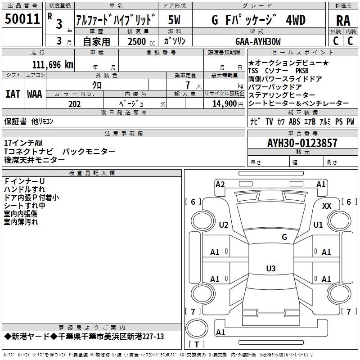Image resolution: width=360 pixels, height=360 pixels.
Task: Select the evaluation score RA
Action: pyautogui.click(x=343, y=20)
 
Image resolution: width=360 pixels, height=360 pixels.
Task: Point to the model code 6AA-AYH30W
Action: pyautogui.click(x=258, y=41)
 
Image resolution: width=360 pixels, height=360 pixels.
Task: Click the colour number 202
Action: pyautogui.click(x=74, y=103)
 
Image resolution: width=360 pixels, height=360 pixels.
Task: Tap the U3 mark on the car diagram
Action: pyautogui.click(x=270, y=269)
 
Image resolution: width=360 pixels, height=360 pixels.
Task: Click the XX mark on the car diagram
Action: pyautogui.click(x=327, y=206)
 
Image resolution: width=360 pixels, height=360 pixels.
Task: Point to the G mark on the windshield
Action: pyautogui.click(x=284, y=237)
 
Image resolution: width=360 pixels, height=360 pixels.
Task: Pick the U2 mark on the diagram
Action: pyautogui.click(x=224, y=225)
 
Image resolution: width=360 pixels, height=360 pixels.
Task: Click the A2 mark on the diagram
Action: pyautogui.click(x=220, y=184)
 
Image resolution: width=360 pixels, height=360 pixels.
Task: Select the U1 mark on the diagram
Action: pyautogui.click(x=318, y=225)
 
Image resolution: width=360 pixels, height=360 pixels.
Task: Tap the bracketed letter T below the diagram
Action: pyautogui.click(x=196, y=345)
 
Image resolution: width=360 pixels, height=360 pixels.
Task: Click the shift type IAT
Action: pyautogui.click(x=13, y=94)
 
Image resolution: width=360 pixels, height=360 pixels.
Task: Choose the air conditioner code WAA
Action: pyautogui.click(x=34, y=94)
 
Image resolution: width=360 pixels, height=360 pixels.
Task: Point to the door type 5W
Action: pyautogui.click(x=174, y=20)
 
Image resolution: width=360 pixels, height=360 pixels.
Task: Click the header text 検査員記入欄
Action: pyautogui.click(x=92, y=173)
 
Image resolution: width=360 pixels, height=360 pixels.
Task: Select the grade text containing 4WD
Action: pyautogui.click(x=258, y=20)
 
